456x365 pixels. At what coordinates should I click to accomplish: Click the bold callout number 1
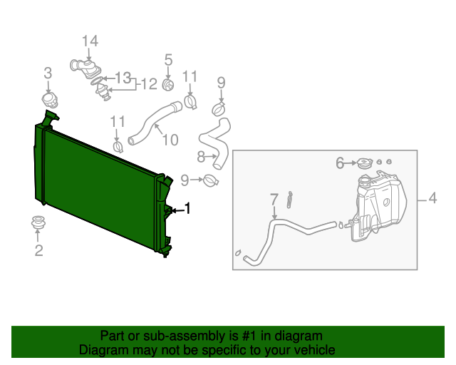coord(187,208)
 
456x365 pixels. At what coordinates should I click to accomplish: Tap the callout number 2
coord(38,250)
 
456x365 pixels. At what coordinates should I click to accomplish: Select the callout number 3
coord(48,72)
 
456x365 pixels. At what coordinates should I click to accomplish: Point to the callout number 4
coord(432,199)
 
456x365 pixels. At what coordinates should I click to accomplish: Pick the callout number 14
coord(89,42)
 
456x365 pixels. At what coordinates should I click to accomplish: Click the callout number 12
coord(148,84)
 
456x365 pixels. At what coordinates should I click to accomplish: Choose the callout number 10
coord(170,140)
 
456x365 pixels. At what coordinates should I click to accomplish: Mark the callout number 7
coord(274,199)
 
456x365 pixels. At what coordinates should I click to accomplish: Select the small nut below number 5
coord(169,86)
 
